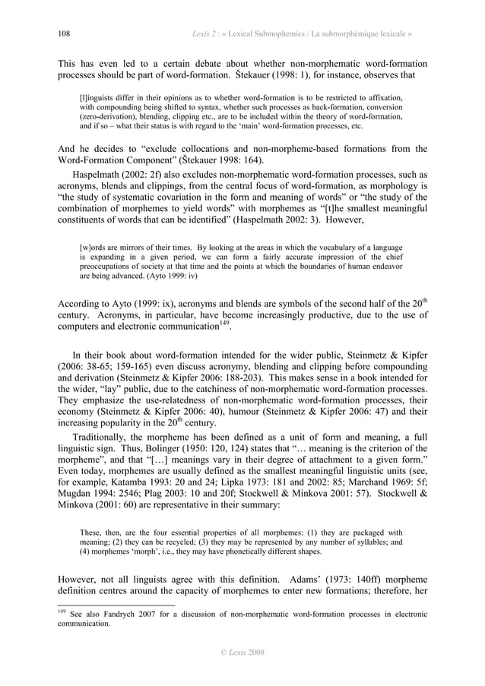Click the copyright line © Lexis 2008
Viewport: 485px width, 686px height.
coord(242,653)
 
